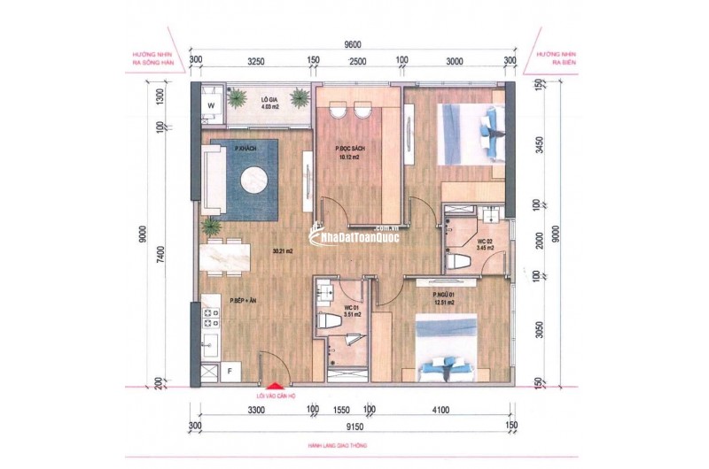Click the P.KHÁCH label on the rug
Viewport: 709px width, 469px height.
tap(245, 149)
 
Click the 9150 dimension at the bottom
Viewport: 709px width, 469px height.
tap(354, 426)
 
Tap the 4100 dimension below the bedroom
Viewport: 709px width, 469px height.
tap(440, 411)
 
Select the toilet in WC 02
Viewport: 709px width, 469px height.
tap(458, 259)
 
